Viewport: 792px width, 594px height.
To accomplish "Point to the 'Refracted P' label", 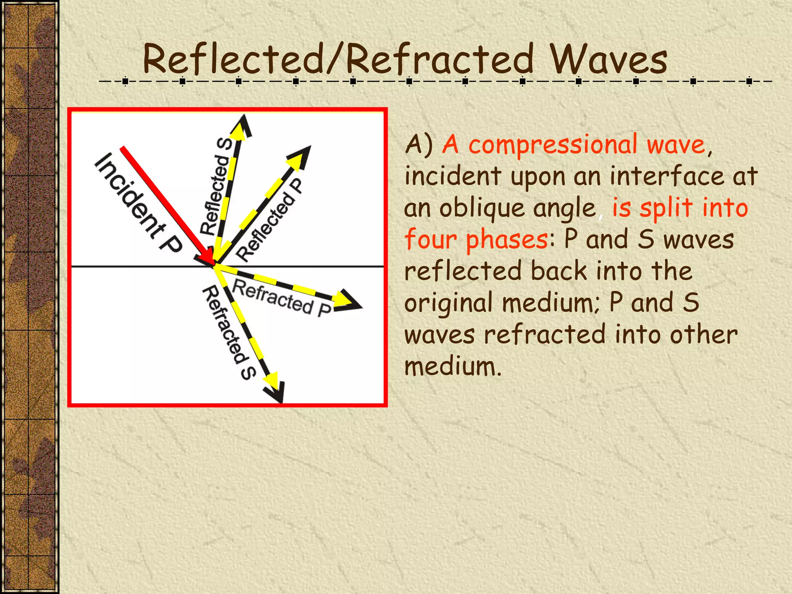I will [282, 298].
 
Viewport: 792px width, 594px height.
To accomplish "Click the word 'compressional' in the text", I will [553, 145].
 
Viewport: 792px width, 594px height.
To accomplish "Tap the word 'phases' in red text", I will [507, 240].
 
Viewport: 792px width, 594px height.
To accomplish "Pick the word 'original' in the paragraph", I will [449, 303].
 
